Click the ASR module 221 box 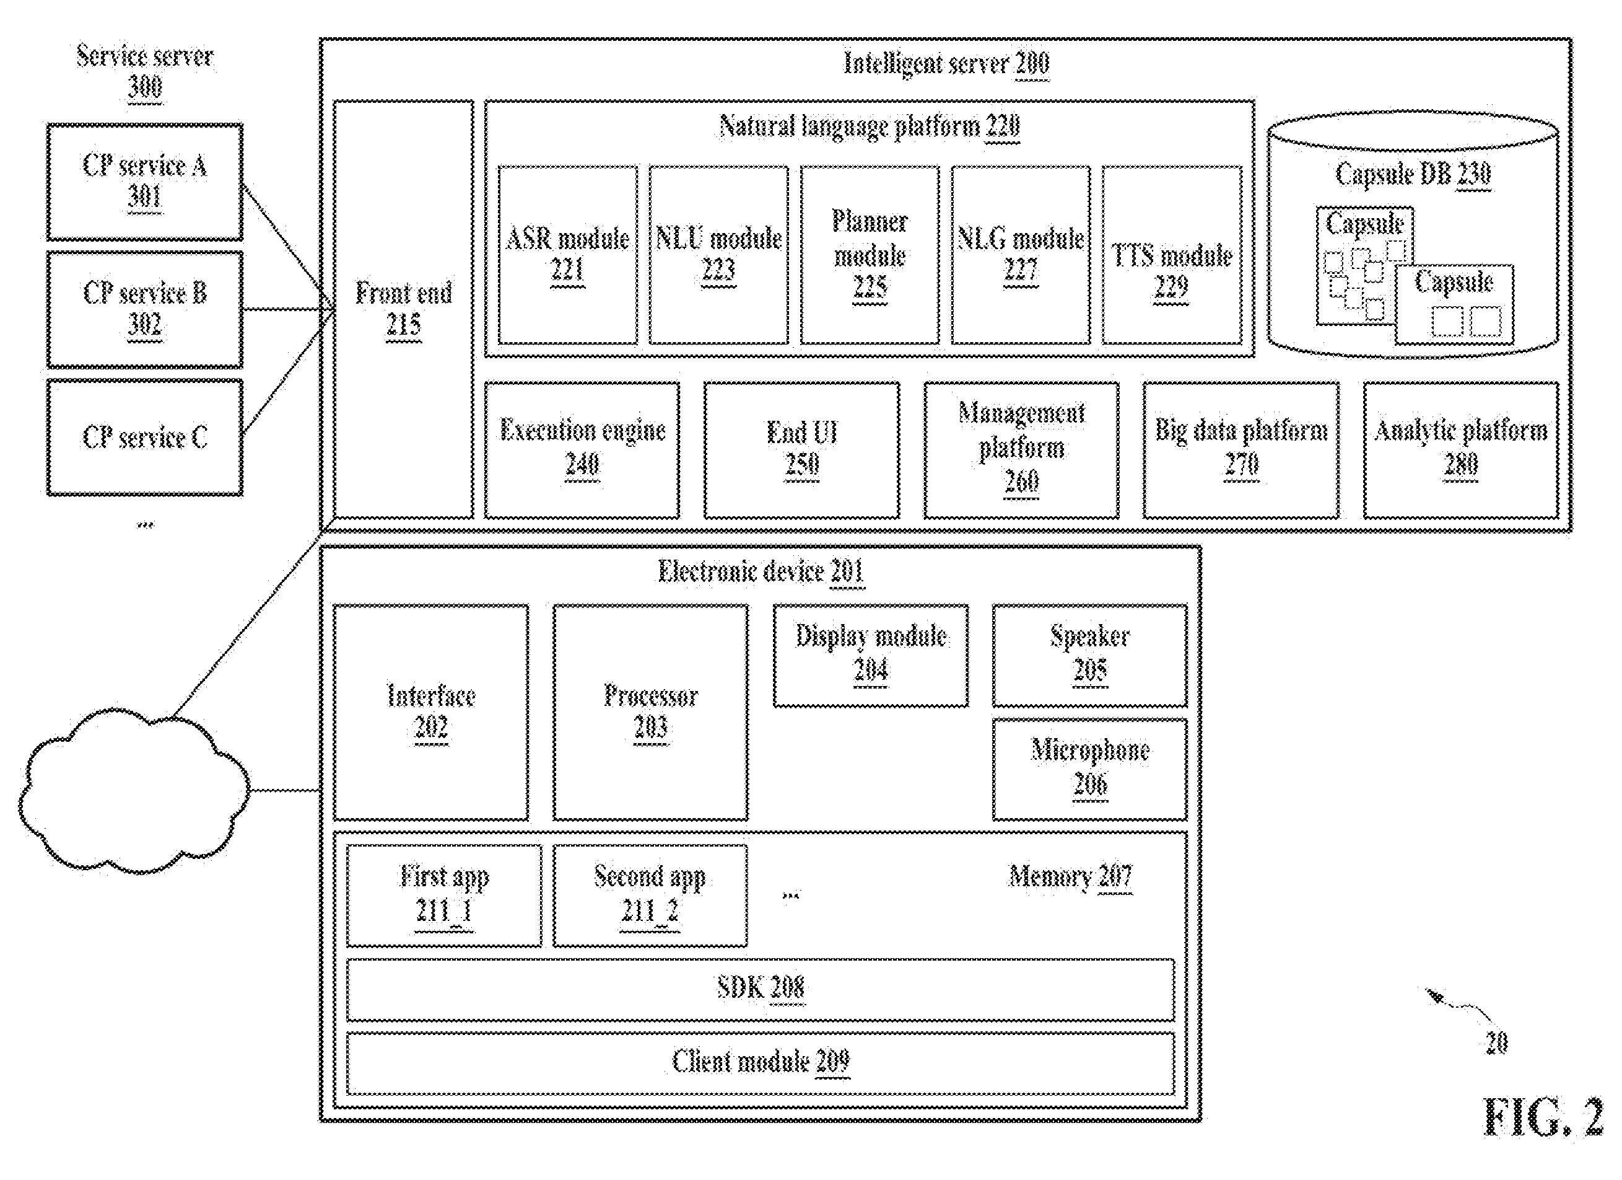point(568,255)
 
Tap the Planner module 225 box point(870,255)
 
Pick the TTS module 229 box point(1172,255)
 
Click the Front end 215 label point(404,309)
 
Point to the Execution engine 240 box point(582,450)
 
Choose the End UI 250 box point(801,450)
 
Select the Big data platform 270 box point(1241,450)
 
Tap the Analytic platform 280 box point(1461,450)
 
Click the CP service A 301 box point(145,182)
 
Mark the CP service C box point(145,437)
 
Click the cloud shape point(134,790)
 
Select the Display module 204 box point(871,656)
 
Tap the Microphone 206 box point(1090,769)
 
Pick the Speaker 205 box point(1090,656)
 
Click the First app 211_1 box point(444,896)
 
